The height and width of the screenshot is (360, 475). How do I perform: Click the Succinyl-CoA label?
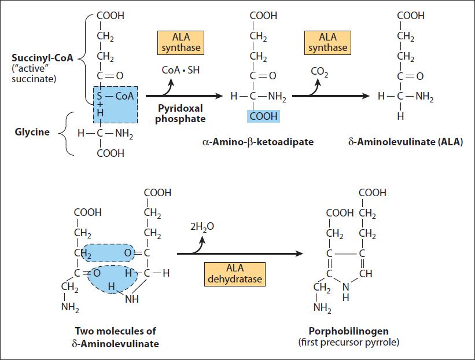point(42,57)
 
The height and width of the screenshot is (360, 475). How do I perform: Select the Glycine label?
point(32,132)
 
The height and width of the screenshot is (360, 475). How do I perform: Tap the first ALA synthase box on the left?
point(181,43)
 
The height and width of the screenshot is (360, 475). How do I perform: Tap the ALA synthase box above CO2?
point(328,43)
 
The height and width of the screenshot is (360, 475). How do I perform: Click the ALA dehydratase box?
point(235,274)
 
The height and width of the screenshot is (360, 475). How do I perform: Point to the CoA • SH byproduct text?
point(181,70)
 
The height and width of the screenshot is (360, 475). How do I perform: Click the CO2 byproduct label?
point(319,72)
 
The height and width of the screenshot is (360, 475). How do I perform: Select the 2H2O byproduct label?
point(202,227)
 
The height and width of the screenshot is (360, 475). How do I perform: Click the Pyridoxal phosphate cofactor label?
point(181,113)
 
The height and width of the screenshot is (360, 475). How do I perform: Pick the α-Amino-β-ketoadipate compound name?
point(258,142)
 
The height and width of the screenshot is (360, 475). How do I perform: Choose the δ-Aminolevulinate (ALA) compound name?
point(406,142)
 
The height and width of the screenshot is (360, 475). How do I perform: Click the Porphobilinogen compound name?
point(349,331)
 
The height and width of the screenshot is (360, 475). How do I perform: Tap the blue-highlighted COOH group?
point(264,116)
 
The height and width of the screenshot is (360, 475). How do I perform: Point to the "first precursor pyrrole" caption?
point(349,343)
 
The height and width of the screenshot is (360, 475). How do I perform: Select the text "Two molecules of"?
point(115,331)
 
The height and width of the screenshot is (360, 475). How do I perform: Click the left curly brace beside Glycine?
point(66,134)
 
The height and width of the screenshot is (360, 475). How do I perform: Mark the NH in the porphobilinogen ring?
point(345,292)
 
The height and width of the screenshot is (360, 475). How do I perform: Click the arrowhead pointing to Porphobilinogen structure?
point(300,254)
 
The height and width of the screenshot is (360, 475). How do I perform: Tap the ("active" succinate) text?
point(34,74)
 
